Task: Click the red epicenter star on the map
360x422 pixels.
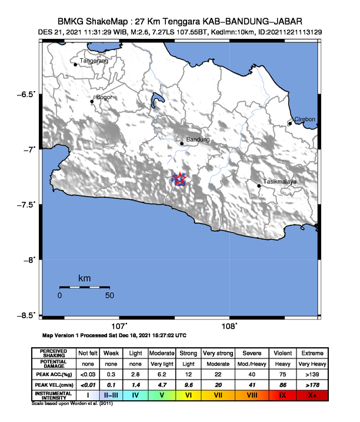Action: (180, 180)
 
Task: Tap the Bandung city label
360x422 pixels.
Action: (198, 140)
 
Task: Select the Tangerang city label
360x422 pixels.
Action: (95, 61)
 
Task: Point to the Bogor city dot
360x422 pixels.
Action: (92, 102)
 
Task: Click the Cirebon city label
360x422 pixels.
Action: (305, 119)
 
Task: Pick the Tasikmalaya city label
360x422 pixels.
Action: (279, 182)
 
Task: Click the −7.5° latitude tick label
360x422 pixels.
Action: (26, 205)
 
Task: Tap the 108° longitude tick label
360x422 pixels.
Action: (229, 326)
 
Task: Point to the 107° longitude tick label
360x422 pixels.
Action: (119, 326)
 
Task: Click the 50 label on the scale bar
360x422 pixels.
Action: (109, 295)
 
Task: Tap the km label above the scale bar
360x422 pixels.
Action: (84, 278)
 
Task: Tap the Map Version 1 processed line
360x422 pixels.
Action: (115, 335)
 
